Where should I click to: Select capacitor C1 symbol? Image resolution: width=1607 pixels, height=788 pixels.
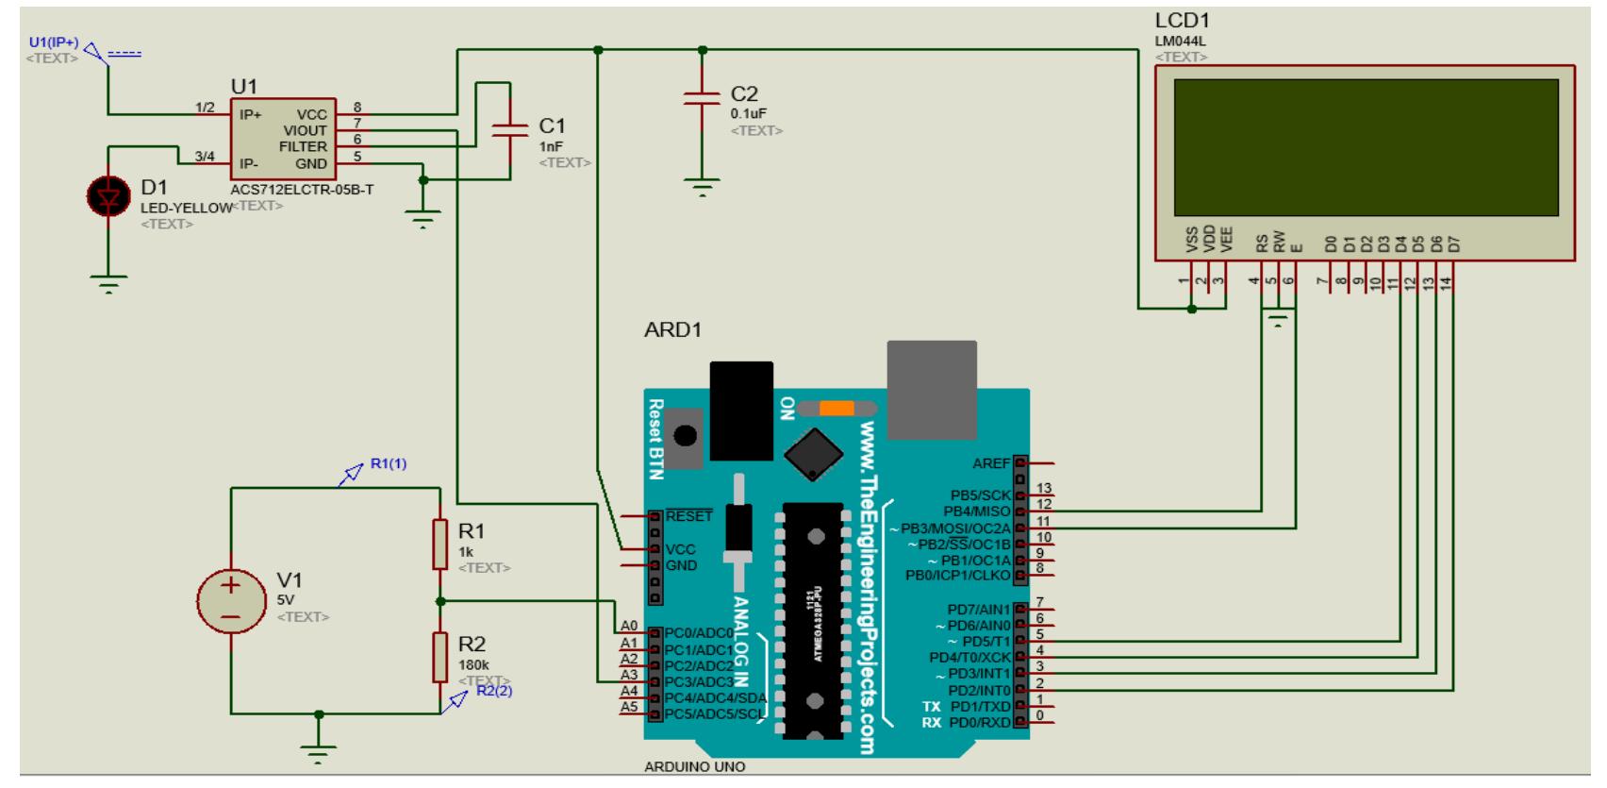click(x=510, y=129)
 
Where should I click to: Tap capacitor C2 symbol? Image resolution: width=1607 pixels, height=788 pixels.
click(x=701, y=99)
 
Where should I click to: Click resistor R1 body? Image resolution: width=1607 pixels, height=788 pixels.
click(x=439, y=544)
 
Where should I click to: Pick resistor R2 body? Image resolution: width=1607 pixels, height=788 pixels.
click(x=439, y=657)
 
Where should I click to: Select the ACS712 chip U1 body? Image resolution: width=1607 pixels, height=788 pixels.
click(x=284, y=139)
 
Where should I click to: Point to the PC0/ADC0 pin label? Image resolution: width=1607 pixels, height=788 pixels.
click(x=699, y=633)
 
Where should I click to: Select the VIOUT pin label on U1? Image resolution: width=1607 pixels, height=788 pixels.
click(x=306, y=131)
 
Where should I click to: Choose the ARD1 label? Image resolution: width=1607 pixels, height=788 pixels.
click(x=672, y=331)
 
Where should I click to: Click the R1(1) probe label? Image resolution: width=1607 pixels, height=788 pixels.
click(x=388, y=463)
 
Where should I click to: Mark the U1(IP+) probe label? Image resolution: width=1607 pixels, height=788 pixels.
click(x=54, y=43)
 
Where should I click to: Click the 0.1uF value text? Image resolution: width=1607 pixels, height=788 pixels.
click(x=749, y=114)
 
